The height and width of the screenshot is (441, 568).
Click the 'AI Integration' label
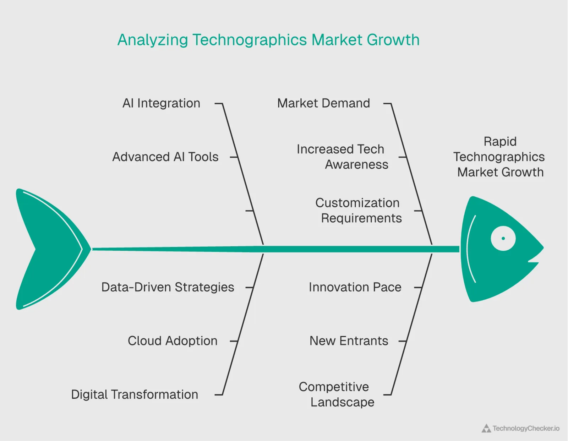[x=161, y=103]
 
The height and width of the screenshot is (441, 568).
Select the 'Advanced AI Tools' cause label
[x=165, y=157]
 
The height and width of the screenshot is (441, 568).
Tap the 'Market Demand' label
[x=323, y=103]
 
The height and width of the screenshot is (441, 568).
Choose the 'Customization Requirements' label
[x=359, y=210]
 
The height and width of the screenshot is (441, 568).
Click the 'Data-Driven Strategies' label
[x=168, y=287]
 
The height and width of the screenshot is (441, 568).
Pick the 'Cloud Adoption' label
[x=173, y=341]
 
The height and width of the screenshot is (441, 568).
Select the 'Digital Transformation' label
[x=135, y=394]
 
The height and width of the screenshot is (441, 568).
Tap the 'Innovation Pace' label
[x=355, y=287]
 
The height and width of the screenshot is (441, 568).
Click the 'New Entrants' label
[x=349, y=341]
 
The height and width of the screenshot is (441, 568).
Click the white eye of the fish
[x=503, y=238]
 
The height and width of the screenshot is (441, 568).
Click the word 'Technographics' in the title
[x=250, y=40]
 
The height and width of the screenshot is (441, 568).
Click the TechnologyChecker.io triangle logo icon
[x=486, y=429]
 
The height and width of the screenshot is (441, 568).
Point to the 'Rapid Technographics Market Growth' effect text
[x=500, y=157]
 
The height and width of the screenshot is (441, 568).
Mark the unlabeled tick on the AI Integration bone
[x=249, y=211]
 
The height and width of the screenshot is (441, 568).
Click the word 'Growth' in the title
[x=393, y=40]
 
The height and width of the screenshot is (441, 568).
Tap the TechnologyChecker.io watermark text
[x=526, y=429]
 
